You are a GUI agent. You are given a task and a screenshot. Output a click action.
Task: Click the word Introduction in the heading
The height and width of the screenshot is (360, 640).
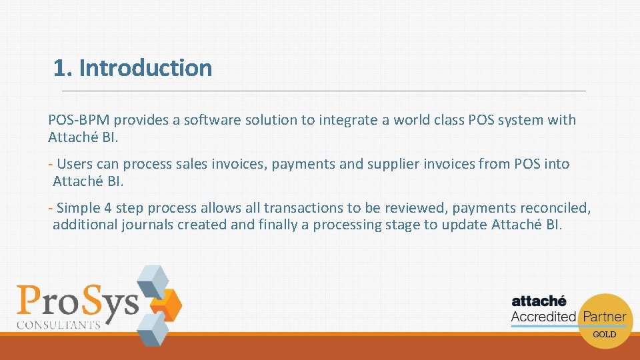145,68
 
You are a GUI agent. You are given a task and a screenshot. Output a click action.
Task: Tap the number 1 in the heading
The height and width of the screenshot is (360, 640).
60,68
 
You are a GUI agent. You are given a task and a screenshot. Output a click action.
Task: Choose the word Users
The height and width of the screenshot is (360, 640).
75,164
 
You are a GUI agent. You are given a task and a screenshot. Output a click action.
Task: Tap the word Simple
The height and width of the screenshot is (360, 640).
80,208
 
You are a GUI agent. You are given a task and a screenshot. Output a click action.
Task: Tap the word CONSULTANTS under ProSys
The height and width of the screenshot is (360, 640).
58,325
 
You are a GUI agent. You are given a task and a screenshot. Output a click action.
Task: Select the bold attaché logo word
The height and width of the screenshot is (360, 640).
539,301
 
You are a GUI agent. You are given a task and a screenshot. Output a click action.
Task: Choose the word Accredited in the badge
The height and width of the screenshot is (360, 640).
543,317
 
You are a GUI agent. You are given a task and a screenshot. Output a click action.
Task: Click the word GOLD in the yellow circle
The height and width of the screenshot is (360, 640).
604,334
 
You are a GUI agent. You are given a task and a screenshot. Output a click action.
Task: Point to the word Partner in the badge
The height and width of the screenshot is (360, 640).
604,317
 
